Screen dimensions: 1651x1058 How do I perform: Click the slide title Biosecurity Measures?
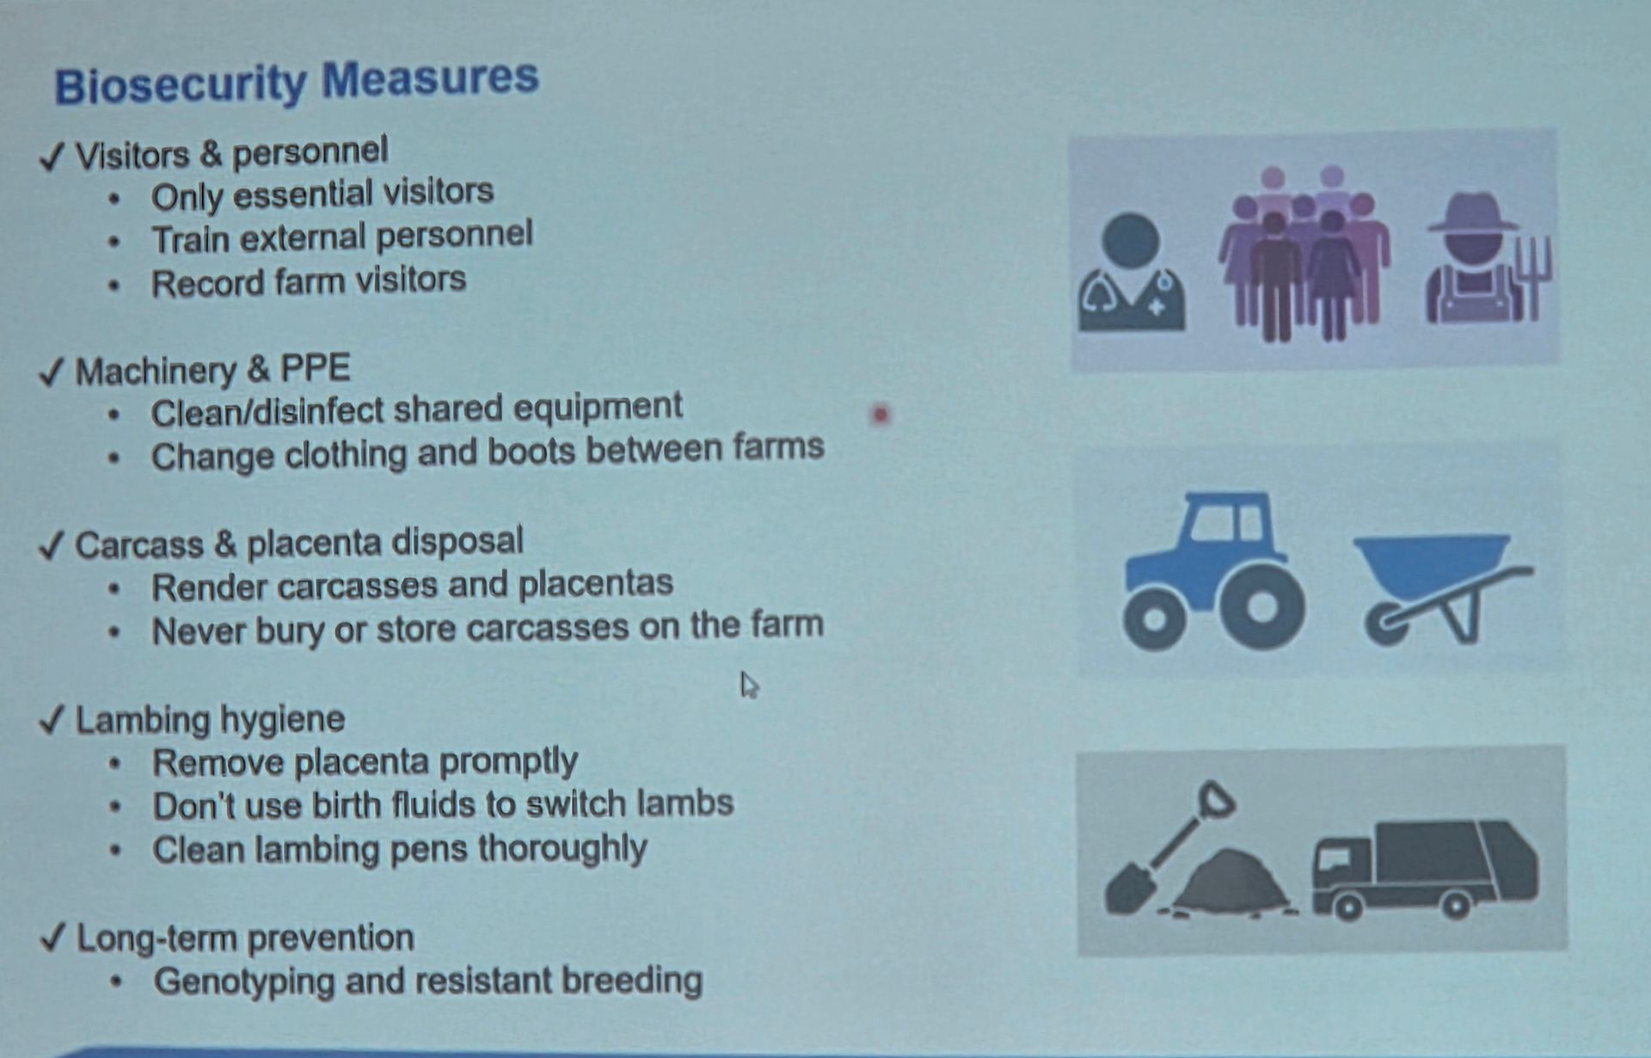click(x=297, y=83)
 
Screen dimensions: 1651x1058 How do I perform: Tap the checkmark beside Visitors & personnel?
click(x=52, y=157)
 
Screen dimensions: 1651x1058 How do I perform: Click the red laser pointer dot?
click(x=880, y=415)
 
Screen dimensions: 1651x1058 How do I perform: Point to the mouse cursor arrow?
click(x=748, y=686)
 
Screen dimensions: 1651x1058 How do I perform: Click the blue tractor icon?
click(x=1214, y=570)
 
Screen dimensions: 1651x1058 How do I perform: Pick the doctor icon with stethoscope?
click(x=1132, y=273)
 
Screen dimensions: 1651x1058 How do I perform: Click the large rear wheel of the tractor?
click(x=1262, y=606)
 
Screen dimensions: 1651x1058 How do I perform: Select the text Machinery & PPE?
click(x=212, y=370)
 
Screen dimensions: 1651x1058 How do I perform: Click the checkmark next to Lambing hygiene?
click(x=52, y=719)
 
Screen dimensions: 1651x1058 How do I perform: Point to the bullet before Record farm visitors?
click(x=114, y=285)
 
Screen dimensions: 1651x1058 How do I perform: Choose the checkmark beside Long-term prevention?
click(x=53, y=937)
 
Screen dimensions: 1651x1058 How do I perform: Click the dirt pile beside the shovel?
click(x=1230, y=882)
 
